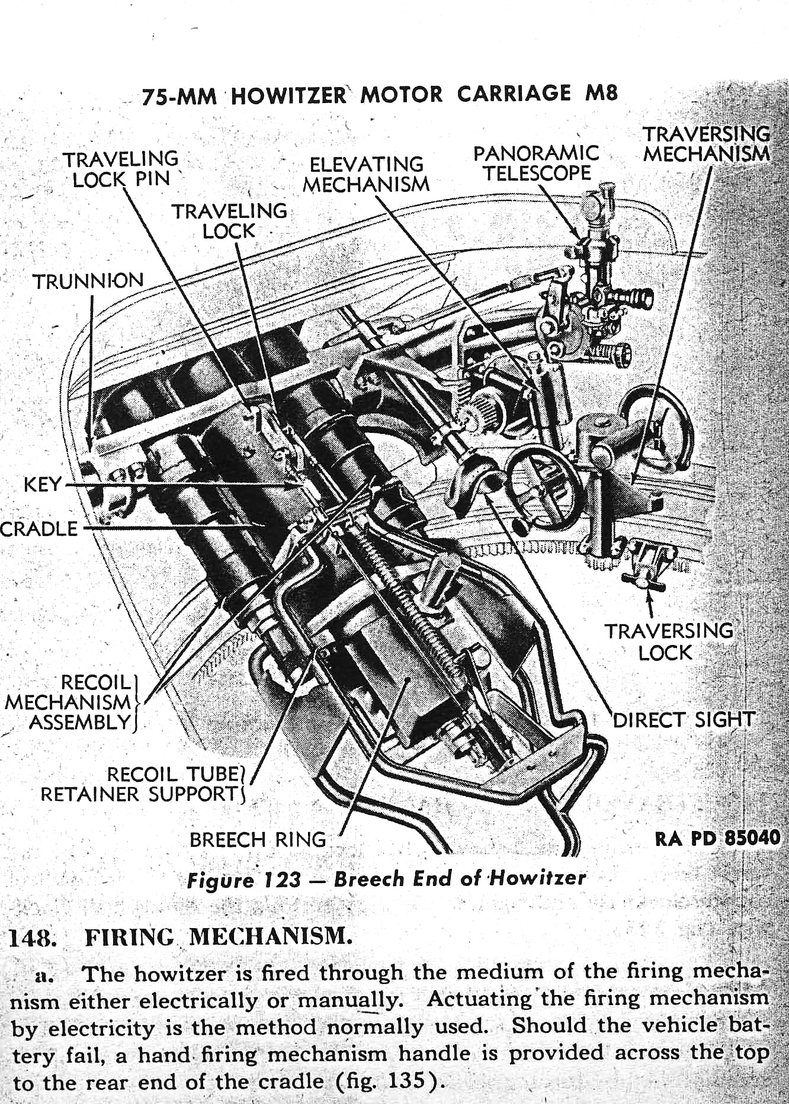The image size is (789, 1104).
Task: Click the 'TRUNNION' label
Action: (x=88, y=280)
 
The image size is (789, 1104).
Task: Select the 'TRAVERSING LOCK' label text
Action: (x=668, y=641)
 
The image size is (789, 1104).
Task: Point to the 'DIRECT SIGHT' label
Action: (x=683, y=720)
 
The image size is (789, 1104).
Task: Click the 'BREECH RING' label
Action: (x=258, y=839)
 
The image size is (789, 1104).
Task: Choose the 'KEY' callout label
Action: (x=42, y=484)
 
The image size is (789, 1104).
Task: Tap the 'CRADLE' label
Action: (x=39, y=528)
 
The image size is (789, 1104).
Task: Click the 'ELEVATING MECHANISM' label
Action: (x=367, y=174)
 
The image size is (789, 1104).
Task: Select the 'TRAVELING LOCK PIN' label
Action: (x=121, y=169)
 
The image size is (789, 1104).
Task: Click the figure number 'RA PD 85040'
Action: (x=717, y=839)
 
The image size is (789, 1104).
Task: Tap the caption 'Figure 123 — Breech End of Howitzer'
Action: (x=386, y=878)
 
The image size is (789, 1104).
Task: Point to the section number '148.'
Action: (x=33, y=938)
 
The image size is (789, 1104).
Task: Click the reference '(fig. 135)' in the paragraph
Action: (x=390, y=1081)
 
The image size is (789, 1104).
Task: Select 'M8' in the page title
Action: (x=601, y=94)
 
